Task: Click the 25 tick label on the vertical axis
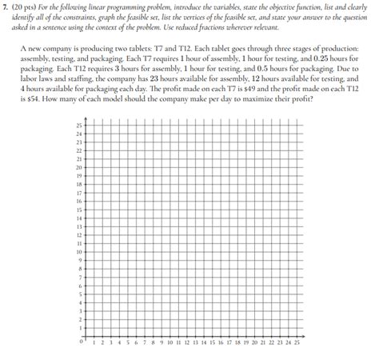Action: (x=78, y=126)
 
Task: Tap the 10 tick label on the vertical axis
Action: (x=78, y=251)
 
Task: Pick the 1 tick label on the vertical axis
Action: (x=79, y=327)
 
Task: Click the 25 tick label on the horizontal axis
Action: (x=297, y=342)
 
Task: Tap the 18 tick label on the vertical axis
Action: (x=78, y=184)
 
